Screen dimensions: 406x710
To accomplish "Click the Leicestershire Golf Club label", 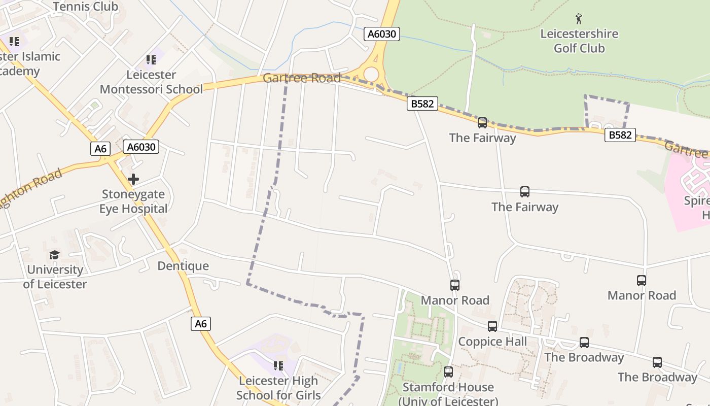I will click(x=579, y=41).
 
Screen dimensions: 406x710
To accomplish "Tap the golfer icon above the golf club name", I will click(x=579, y=19).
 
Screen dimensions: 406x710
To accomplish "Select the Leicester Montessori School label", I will click(x=151, y=82).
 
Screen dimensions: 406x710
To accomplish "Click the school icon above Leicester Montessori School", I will click(x=151, y=60).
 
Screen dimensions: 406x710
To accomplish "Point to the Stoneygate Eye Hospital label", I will click(x=133, y=201).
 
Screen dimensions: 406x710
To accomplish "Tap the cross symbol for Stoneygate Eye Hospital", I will click(x=133, y=179).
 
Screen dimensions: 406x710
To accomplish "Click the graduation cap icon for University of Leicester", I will click(x=54, y=255).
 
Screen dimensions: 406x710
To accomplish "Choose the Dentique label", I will click(x=183, y=266).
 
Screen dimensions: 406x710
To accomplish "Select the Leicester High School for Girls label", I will click(x=278, y=388).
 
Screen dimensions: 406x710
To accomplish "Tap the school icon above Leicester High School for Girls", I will click(x=278, y=365).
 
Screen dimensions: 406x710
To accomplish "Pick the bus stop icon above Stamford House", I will click(x=448, y=372).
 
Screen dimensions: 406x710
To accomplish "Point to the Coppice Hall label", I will click(x=492, y=342).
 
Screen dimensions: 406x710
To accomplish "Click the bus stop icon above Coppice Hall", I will click(x=492, y=326).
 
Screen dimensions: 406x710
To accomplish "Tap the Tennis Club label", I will click(x=85, y=7).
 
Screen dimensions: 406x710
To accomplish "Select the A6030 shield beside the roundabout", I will click(x=382, y=34).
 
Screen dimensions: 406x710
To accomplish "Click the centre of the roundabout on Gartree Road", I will click(x=371, y=75).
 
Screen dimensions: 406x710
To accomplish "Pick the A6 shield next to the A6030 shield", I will click(x=100, y=148).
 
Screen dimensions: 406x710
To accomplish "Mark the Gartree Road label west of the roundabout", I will click(x=302, y=78).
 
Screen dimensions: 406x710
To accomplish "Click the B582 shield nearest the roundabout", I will click(x=422, y=104).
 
